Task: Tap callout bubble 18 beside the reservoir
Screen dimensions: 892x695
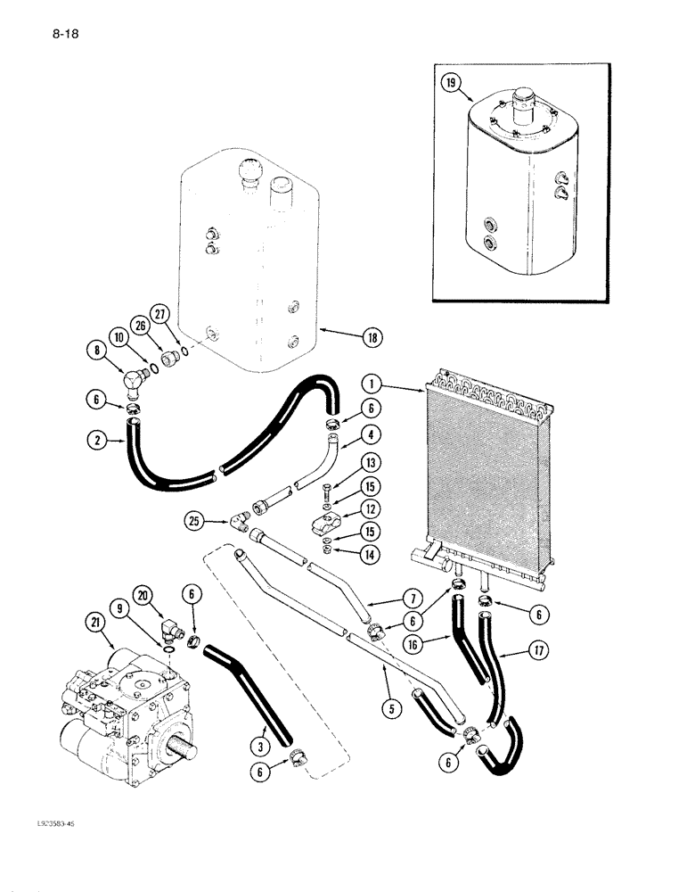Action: click(371, 337)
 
